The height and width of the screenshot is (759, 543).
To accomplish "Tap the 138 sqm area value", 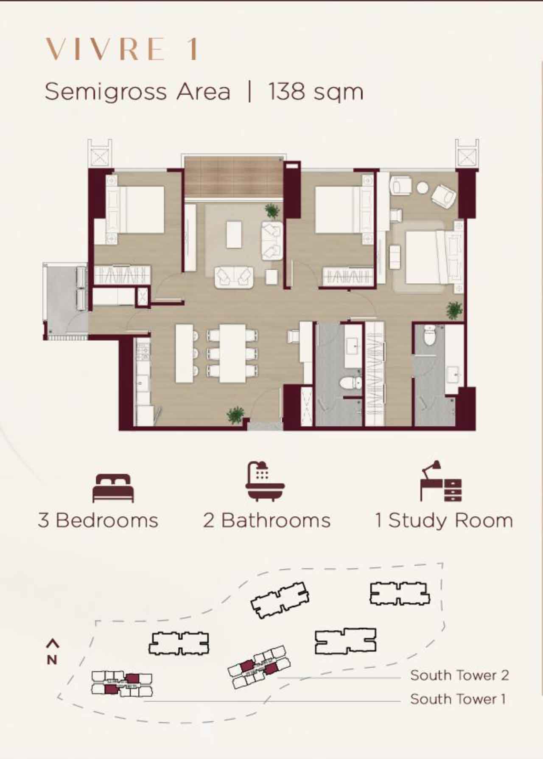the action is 316,91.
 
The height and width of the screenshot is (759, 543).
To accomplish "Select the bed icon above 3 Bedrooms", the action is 113,488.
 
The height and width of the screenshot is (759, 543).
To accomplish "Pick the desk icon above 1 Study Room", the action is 441,481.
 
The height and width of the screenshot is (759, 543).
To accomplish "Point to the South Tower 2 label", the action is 459,675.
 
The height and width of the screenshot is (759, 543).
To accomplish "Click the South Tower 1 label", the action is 458,699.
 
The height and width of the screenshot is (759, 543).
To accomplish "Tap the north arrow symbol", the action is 52,652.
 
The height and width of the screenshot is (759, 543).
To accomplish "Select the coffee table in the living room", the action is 234,234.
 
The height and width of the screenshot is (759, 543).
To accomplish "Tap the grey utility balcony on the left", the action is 66,300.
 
